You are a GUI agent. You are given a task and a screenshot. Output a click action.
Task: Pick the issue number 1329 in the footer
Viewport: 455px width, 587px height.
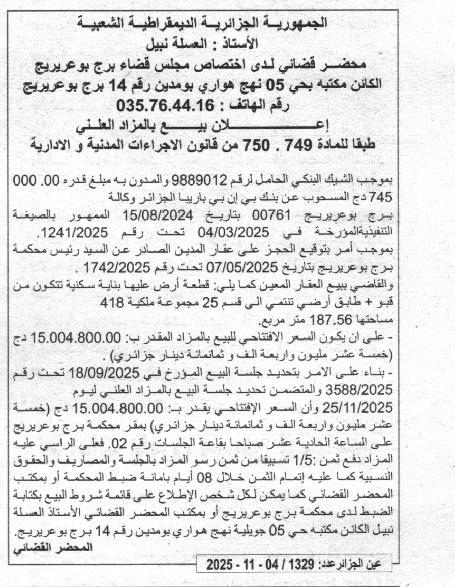298,563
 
